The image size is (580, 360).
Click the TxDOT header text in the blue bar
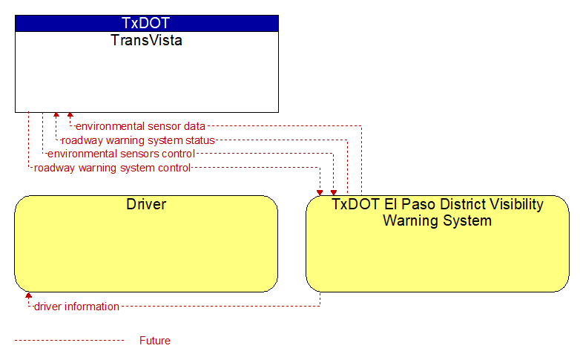tap(145, 23)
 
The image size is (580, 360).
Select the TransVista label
tap(146, 40)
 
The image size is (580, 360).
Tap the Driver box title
tap(146, 204)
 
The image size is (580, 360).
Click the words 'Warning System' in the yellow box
tap(437, 220)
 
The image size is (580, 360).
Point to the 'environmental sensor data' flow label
tap(140, 126)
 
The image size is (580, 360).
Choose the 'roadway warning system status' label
tap(138, 140)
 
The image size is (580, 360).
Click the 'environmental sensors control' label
tap(121, 154)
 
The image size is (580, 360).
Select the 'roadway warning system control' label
tap(112, 168)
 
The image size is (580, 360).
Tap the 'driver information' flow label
tap(76, 307)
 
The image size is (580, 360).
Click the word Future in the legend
tap(154, 341)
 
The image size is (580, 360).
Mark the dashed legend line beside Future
tap(69, 340)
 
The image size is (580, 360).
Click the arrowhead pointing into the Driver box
tap(28, 295)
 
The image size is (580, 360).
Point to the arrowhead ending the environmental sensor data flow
tap(70, 115)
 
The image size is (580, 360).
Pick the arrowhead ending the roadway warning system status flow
tap(56, 115)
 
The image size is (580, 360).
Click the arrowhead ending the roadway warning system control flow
tap(320, 192)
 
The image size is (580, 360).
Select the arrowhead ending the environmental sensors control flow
tap(334, 192)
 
